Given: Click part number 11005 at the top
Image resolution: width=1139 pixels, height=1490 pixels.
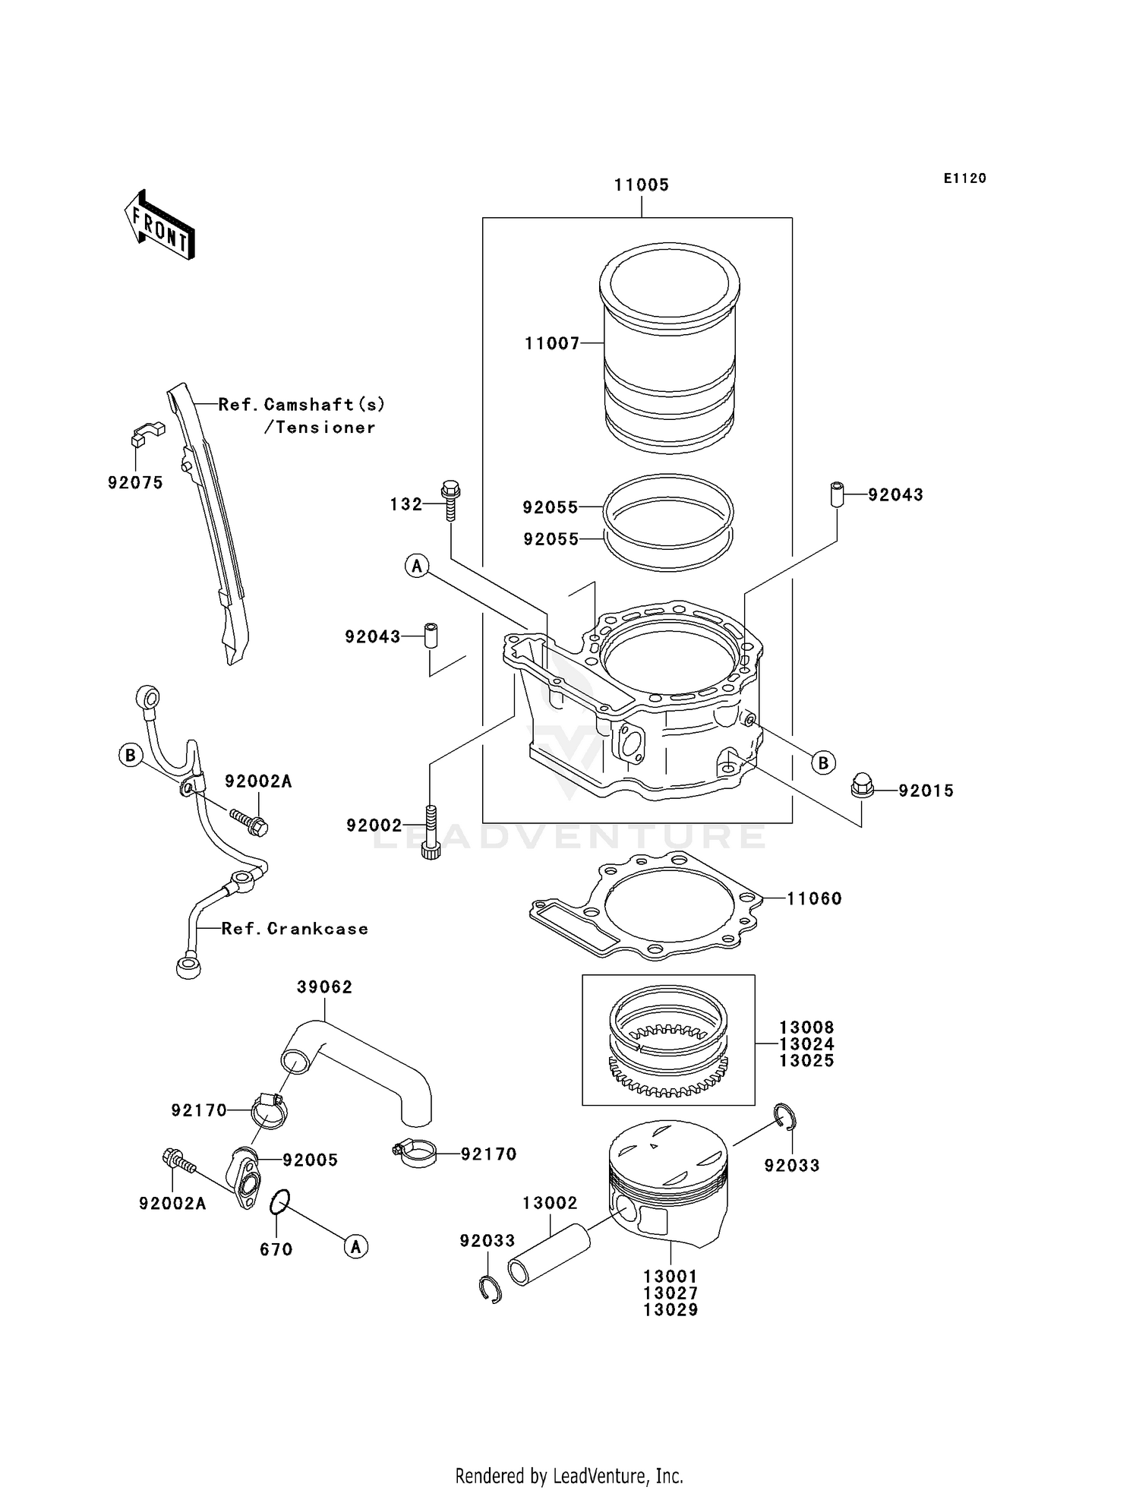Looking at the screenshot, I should [641, 185].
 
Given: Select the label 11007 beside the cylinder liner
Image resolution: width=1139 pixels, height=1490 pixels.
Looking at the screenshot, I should [552, 344].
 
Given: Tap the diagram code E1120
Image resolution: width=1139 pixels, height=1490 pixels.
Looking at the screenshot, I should [964, 178].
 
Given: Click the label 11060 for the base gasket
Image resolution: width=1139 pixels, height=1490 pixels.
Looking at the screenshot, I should [814, 899].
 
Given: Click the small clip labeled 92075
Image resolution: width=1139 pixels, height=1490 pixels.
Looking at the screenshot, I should [146, 433].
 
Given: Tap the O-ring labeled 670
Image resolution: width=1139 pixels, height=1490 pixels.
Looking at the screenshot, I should [279, 1202].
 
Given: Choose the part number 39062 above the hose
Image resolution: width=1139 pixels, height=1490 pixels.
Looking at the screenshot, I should [324, 987].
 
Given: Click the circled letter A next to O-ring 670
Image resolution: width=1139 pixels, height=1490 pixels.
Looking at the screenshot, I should [356, 1246].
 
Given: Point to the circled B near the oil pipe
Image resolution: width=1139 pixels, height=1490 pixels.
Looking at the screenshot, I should [131, 756].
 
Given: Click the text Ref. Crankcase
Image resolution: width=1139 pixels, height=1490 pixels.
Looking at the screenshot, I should [295, 929].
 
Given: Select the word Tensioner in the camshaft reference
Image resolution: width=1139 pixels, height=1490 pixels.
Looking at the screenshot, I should [326, 428].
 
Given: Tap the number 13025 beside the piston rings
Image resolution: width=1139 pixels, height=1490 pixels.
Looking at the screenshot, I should [806, 1061].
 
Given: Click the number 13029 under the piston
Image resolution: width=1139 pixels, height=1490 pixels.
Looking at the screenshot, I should [670, 1310].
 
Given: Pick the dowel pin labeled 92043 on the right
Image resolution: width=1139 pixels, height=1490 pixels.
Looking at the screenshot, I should [838, 494].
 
